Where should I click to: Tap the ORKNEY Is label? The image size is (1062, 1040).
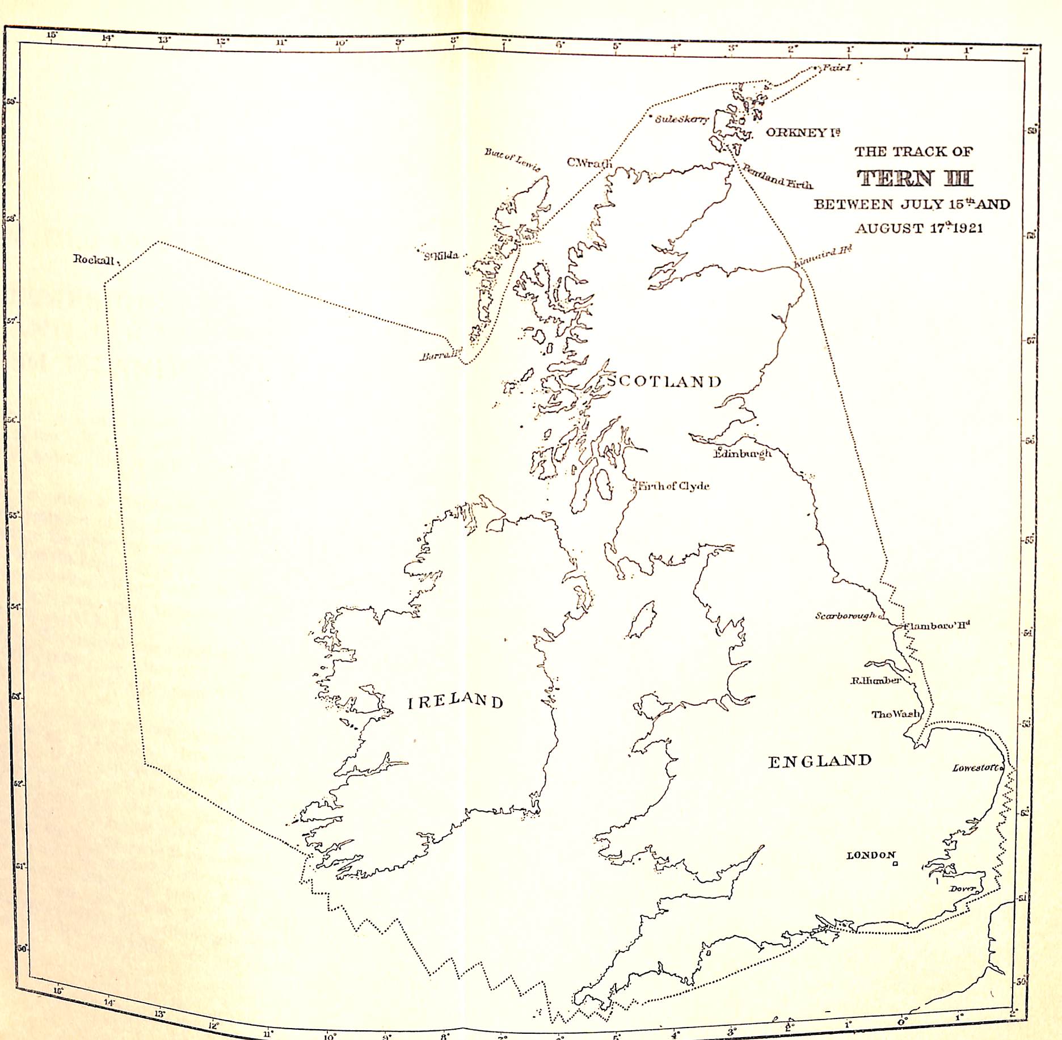pos(803,132)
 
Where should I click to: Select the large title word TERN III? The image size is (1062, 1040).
pos(914,178)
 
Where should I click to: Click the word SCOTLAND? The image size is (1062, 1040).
pos(664,381)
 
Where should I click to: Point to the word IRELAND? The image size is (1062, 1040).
pos(456,701)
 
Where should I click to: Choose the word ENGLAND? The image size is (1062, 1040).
pos(820,761)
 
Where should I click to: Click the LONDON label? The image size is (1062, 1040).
pos(871,855)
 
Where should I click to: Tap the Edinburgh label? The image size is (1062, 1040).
pos(743,453)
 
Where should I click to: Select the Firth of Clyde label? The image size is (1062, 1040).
pos(673,486)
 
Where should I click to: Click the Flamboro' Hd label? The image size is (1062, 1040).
pos(937,626)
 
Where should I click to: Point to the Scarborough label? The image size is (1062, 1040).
pos(845,616)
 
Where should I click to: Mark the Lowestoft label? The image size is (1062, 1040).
pos(977,768)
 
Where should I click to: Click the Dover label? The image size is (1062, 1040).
pos(962,889)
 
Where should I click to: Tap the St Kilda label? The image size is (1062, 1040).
pos(441,255)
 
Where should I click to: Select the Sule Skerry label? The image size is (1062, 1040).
pos(682,119)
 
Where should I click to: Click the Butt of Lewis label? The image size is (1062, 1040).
pos(512,159)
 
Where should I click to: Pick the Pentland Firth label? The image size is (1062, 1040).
pos(777,177)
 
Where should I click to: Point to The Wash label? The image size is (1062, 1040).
pos(896,714)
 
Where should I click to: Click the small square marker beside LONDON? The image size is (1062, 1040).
pos(895,864)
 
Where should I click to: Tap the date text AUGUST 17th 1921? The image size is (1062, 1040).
pos(919,228)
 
